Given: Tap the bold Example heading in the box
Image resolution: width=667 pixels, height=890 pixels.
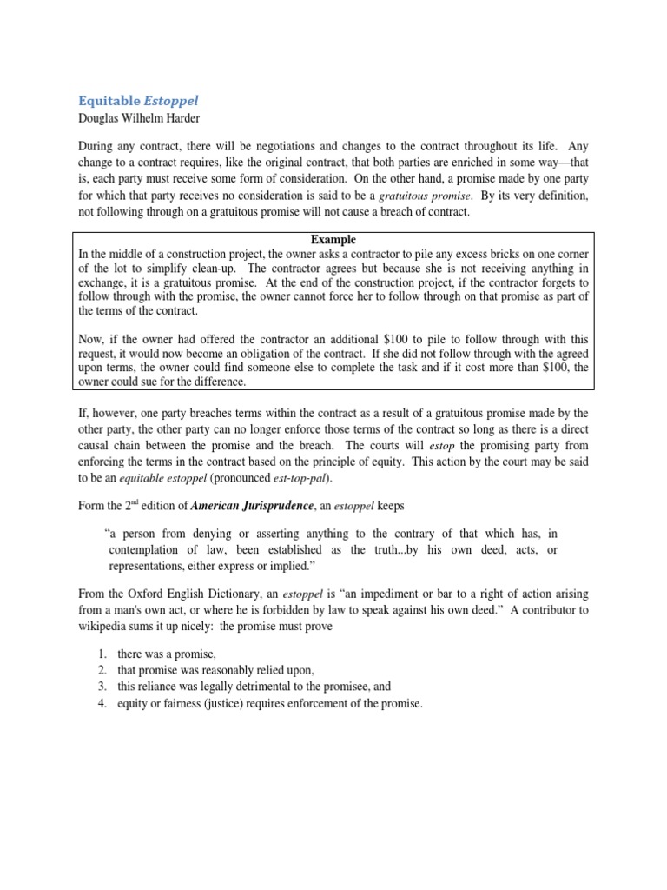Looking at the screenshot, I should [x=333, y=239].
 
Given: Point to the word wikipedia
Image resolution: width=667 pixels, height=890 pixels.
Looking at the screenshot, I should [x=106, y=626].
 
